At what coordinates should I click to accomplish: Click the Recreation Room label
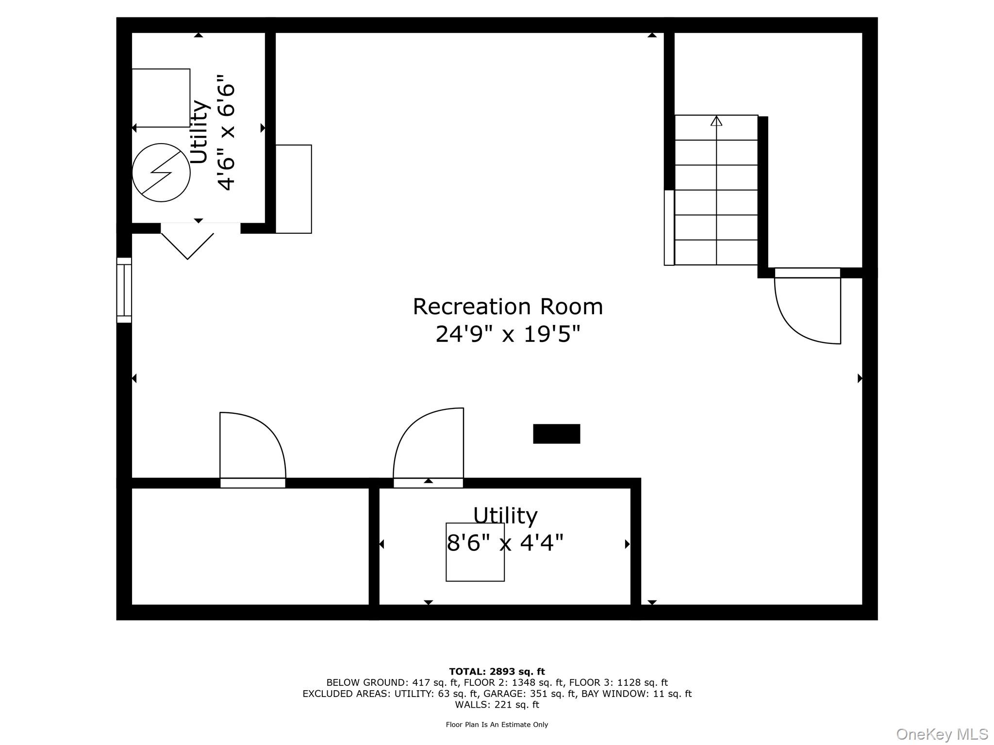(x=508, y=307)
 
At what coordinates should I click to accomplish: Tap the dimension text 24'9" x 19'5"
(x=508, y=334)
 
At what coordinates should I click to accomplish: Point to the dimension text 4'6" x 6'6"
(x=226, y=132)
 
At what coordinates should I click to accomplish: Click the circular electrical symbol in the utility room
(x=161, y=173)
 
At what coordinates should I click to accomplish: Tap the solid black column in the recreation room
(x=556, y=434)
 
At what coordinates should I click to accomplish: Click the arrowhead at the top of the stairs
(x=716, y=121)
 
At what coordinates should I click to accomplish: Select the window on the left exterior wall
(x=124, y=290)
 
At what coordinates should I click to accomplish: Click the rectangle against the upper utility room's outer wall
(x=294, y=189)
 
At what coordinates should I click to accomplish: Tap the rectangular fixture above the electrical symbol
(x=161, y=98)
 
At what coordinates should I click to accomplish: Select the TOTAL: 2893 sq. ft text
(x=497, y=672)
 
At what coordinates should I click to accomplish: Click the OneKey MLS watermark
(x=942, y=734)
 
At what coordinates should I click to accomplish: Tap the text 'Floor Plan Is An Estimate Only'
(x=497, y=725)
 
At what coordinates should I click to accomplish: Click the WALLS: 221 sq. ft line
(x=497, y=705)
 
